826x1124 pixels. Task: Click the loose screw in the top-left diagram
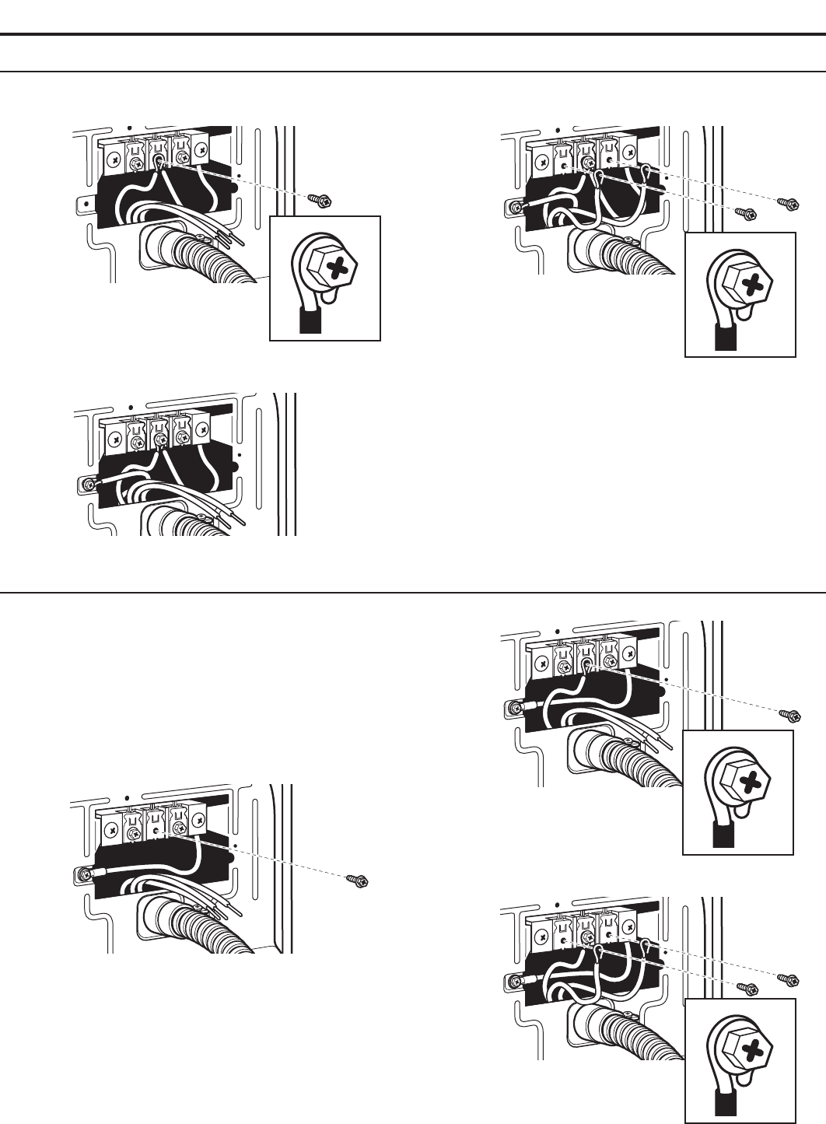pyautogui.click(x=320, y=200)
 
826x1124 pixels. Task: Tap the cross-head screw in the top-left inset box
pyautogui.click(x=327, y=271)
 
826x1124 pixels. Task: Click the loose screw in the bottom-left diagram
pyautogui.click(x=359, y=881)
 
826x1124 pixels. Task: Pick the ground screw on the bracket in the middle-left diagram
pyautogui.click(x=86, y=485)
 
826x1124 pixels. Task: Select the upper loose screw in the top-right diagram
pyautogui.click(x=786, y=203)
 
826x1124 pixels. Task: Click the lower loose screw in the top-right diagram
pyautogui.click(x=744, y=212)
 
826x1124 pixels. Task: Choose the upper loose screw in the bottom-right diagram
pyautogui.click(x=786, y=979)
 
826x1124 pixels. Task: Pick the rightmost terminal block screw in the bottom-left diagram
pyautogui.click(x=200, y=818)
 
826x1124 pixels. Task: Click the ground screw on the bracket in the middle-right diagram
pyautogui.click(x=512, y=709)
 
